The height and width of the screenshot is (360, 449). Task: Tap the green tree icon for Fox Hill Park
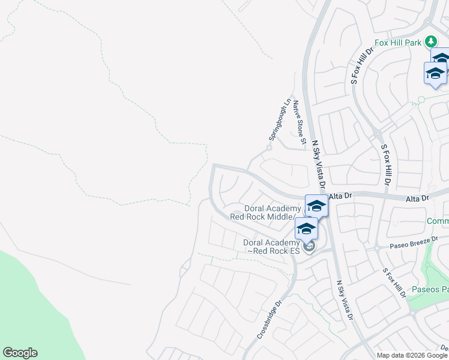pyautogui.click(x=430, y=41)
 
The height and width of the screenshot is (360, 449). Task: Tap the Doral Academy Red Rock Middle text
pyautogui.click(x=264, y=212)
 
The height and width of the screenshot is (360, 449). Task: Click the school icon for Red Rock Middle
pyautogui.click(x=316, y=206)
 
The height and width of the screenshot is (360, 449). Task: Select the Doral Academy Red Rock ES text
pyautogui.click(x=271, y=247)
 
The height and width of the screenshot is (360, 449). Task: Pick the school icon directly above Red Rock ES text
pyautogui.click(x=306, y=228)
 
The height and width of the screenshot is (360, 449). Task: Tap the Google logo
pyautogui.click(x=20, y=353)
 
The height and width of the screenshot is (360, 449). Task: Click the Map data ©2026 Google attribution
pyautogui.click(x=412, y=355)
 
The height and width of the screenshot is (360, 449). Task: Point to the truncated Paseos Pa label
pyautogui.click(x=430, y=290)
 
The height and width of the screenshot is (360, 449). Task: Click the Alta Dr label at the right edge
pyautogui.click(x=418, y=198)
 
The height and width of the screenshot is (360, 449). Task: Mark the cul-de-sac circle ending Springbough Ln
pyautogui.click(x=270, y=146)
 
